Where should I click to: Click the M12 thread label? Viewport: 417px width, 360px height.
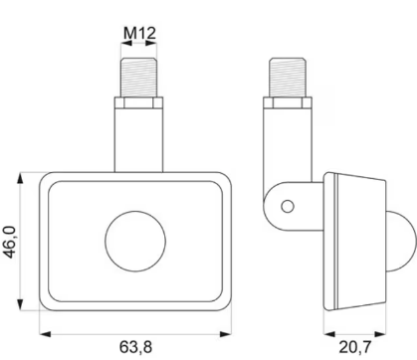[139, 33]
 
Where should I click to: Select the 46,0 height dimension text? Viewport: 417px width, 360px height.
[9, 242]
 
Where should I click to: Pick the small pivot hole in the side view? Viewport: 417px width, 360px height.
[287, 206]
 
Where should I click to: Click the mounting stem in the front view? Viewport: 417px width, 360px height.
[139, 139]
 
